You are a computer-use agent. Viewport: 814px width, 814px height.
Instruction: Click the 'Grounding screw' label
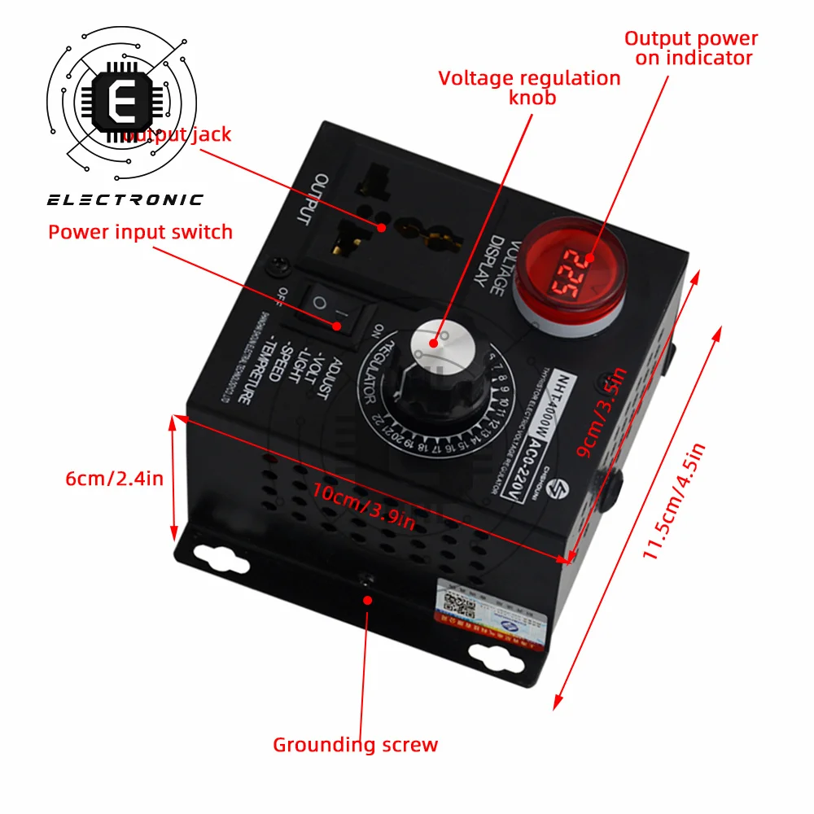coord(355,745)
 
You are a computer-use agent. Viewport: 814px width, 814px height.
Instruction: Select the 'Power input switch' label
coord(140,232)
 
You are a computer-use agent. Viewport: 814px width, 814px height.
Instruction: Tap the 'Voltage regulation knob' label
coord(530,87)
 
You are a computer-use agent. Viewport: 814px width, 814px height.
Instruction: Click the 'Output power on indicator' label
coord(691,48)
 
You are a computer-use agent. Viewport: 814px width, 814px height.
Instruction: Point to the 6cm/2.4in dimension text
coord(114,479)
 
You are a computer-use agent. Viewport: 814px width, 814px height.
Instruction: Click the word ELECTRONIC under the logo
coord(125,200)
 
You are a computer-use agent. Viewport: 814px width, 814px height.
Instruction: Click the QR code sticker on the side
coord(458,605)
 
